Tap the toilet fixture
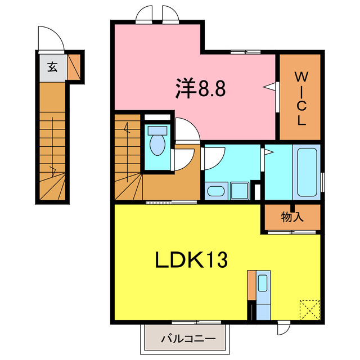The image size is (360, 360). pos(155,141)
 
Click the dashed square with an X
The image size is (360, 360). pos(308,309)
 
